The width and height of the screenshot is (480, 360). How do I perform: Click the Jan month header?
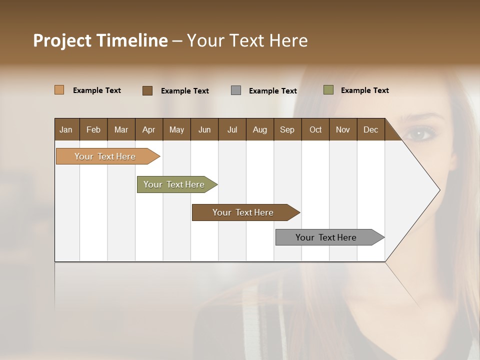tap(66, 129)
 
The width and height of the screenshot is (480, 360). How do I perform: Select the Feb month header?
tap(93, 129)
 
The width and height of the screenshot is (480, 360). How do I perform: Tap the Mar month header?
tap(121, 129)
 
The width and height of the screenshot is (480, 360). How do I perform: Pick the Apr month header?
tap(148, 129)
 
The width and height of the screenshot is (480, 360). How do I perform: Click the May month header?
tap(176, 129)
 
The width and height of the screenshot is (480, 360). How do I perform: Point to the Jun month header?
tap(204, 129)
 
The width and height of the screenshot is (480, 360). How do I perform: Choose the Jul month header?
tap(232, 129)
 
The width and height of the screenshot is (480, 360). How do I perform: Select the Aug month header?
tap(259, 129)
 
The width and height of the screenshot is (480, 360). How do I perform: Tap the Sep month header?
tap(287, 129)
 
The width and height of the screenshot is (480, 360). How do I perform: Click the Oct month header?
tap(315, 129)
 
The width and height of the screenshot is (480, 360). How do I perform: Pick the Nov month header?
tap(343, 129)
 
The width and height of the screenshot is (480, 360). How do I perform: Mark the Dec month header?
tap(370, 129)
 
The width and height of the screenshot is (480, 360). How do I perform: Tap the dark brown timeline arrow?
tap(243, 212)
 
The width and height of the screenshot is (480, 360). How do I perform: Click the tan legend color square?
tap(59, 90)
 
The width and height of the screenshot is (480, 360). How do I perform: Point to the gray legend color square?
tap(236, 90)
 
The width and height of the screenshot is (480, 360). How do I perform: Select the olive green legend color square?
tap(328, 90)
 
